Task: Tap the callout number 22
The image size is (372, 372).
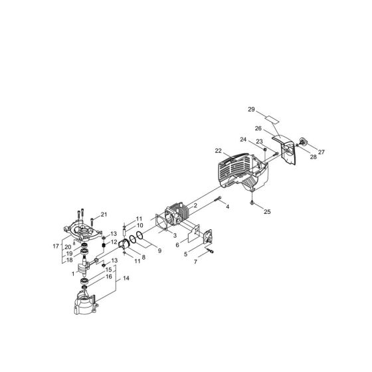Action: pos(218,151)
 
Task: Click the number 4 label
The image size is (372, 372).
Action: pos(227,207)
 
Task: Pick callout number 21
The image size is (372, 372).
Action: pos(104,214)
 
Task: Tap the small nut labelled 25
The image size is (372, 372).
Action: pos(253,201)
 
